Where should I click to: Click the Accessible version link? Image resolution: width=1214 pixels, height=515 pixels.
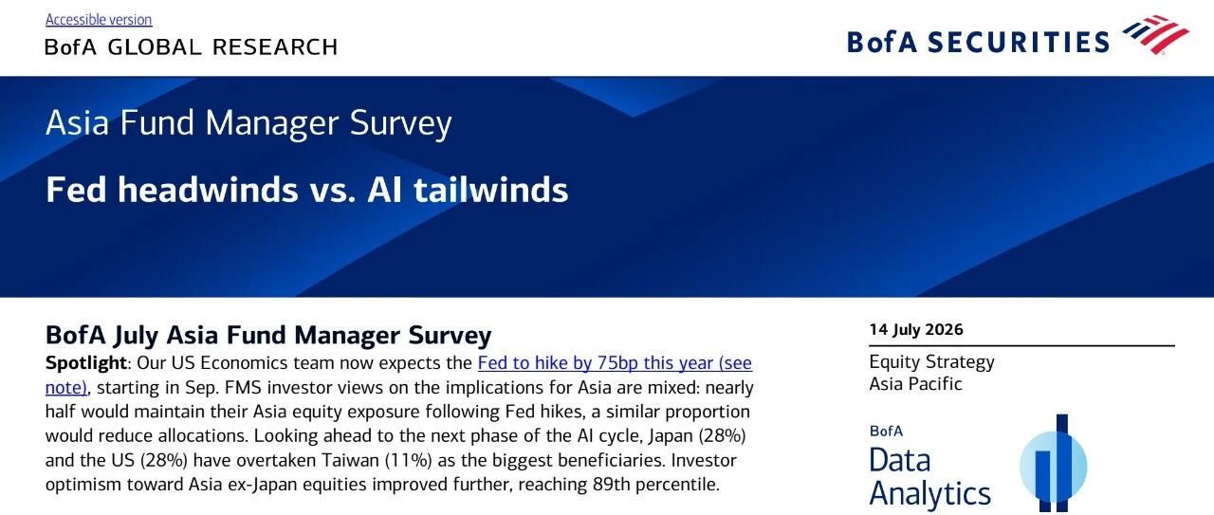99,20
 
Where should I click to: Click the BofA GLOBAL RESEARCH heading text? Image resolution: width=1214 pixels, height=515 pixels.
192,47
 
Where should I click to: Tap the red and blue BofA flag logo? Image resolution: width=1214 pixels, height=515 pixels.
1155,35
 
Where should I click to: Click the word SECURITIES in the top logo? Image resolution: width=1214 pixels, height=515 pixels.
1019,43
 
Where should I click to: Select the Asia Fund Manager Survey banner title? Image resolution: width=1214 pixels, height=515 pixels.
248,123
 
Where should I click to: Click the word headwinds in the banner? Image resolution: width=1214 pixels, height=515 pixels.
208,190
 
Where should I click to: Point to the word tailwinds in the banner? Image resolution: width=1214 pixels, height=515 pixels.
490,190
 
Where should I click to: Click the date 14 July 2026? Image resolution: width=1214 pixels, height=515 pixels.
916,330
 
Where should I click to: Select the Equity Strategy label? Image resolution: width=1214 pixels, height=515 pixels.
931,362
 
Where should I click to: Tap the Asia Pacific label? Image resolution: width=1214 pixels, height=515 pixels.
915,384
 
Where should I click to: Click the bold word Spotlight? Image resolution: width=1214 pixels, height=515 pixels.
85,363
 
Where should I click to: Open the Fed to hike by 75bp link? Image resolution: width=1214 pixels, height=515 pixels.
615,363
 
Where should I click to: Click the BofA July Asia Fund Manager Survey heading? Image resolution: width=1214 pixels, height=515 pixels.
268,335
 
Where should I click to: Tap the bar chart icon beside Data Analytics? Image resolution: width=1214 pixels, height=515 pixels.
1054,464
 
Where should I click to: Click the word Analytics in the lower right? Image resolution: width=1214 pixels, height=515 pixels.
930,493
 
